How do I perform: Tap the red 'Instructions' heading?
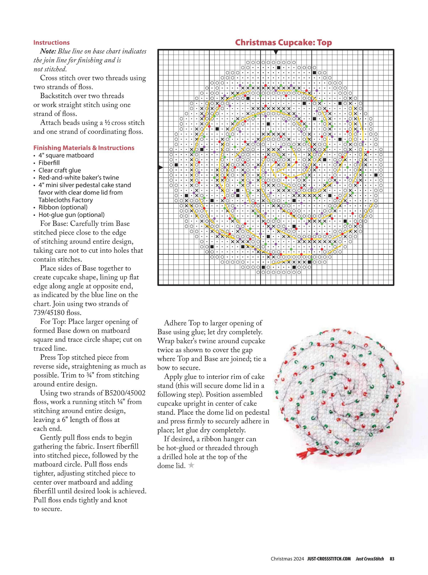click(51, 42)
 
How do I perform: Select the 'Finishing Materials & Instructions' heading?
click(84, 148)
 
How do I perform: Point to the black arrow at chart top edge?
click(276, 52)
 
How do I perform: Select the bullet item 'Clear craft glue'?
click(60, 170)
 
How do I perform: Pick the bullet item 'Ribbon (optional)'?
click(63, 207)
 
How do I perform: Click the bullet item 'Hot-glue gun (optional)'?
click(72, 215)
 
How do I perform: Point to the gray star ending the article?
click(191, 466)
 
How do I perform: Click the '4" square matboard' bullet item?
click(66, 156)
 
